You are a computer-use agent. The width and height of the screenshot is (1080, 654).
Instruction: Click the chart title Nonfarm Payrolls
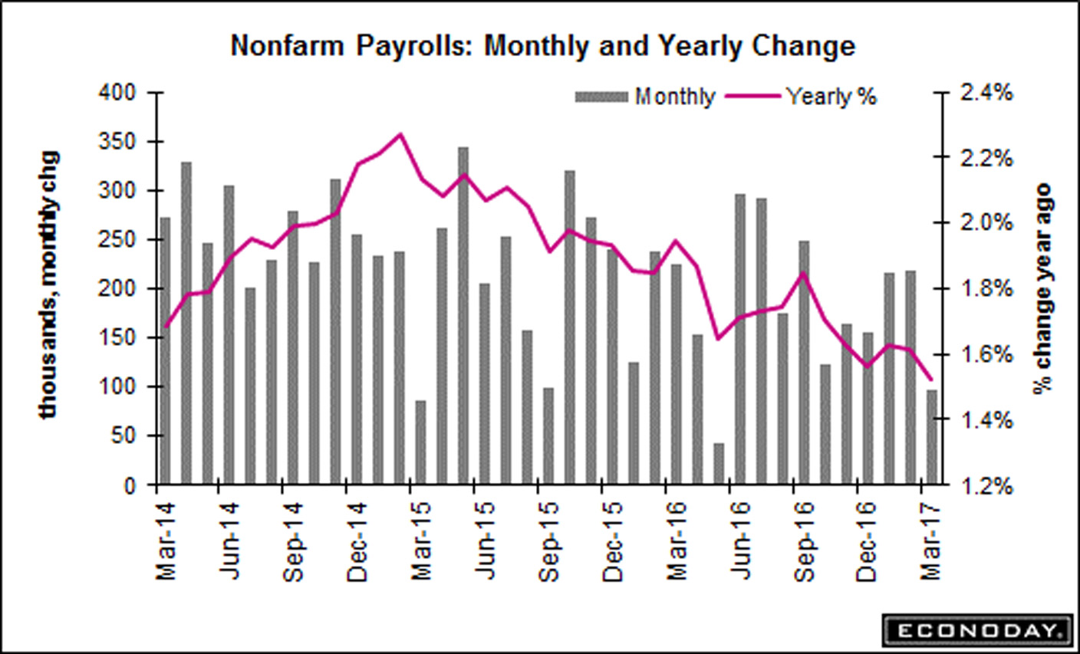point(542,46)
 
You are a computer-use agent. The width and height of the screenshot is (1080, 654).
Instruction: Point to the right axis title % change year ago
point(1042,288)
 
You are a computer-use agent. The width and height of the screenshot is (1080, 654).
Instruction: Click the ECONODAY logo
point(976,631)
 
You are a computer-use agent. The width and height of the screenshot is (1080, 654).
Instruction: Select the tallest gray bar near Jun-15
point(463,314)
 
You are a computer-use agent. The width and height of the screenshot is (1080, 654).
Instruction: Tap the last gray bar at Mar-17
point(932,437)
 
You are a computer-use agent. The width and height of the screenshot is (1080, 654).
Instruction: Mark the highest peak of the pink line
point(400,134)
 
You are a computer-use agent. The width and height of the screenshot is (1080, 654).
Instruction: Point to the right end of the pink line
point(930,379)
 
